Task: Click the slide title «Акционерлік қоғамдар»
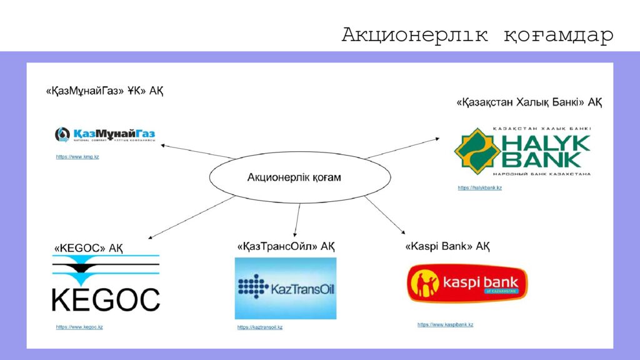[x=477, y=36]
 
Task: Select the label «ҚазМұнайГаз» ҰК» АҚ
[x=104, y=91]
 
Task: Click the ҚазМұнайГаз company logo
[x=105, y=134]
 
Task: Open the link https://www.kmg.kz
[x=77, y=157]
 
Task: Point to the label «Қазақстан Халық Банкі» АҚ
[x=529, y=102]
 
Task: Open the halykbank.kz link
[x=479, y=187]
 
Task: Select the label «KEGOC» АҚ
[x=88, y=248]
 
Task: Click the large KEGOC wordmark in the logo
[x=106, y=299]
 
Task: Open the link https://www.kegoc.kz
[x=79, y=327]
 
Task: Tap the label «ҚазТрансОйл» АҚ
[x=286, y=246]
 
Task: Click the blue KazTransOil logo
[x=286, y=288]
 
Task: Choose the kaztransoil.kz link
[x=260, y=327]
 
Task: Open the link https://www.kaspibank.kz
[x=445, y=325]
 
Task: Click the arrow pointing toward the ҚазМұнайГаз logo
[x=197, y=151]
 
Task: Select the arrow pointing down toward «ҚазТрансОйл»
[x=297, y=219]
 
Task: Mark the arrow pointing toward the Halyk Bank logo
[x=406, y=149]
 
